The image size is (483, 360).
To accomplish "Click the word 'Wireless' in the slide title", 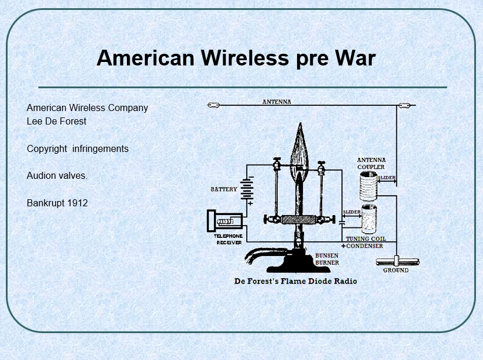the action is pos(245,58).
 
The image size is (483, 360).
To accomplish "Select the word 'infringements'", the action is pos(101,149).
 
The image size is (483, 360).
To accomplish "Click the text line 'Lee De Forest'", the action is pos(56,121).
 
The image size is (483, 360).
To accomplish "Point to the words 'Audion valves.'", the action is pos(57,175).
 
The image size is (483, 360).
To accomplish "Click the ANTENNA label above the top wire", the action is pos(277,102).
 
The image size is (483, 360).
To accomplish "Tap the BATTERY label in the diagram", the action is pos(224,189).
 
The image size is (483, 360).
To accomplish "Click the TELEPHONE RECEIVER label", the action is pos(229,239).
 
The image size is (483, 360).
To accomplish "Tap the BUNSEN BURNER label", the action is pos(327,259).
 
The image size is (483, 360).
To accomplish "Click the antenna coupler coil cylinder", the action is pos(368,186).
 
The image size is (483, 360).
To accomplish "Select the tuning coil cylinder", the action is pos(369,219).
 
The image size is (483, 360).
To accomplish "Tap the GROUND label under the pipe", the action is pos(396,270).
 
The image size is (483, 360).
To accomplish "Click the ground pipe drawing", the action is pos(398,262).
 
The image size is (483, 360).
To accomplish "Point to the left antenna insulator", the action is pos(213,105).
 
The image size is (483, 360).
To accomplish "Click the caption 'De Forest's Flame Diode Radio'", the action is pos(296,281).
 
